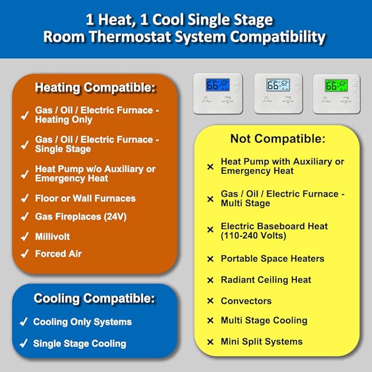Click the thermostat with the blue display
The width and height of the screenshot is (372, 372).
217,93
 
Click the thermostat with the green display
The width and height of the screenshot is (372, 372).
336,93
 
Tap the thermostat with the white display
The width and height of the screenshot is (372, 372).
278,93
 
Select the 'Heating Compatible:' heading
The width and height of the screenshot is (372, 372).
95,88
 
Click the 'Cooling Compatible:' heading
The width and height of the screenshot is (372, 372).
94,299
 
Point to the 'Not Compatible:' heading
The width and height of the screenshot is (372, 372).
277,139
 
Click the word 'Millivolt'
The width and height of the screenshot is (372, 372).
53,237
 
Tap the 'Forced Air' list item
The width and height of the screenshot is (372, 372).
58,254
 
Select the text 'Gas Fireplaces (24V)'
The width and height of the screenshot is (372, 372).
81,216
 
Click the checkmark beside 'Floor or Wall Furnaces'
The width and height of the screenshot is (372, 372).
24,199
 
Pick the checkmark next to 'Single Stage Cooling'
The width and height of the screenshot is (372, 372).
24,344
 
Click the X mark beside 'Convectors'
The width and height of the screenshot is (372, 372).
210,301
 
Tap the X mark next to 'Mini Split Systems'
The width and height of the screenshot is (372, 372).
210,342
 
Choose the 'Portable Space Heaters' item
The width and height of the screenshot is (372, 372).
272,259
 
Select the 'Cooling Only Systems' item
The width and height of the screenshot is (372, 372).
82,322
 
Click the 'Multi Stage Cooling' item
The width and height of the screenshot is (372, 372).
264,321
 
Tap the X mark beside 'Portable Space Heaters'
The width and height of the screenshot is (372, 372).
210,259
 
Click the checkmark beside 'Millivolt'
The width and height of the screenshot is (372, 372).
24,237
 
